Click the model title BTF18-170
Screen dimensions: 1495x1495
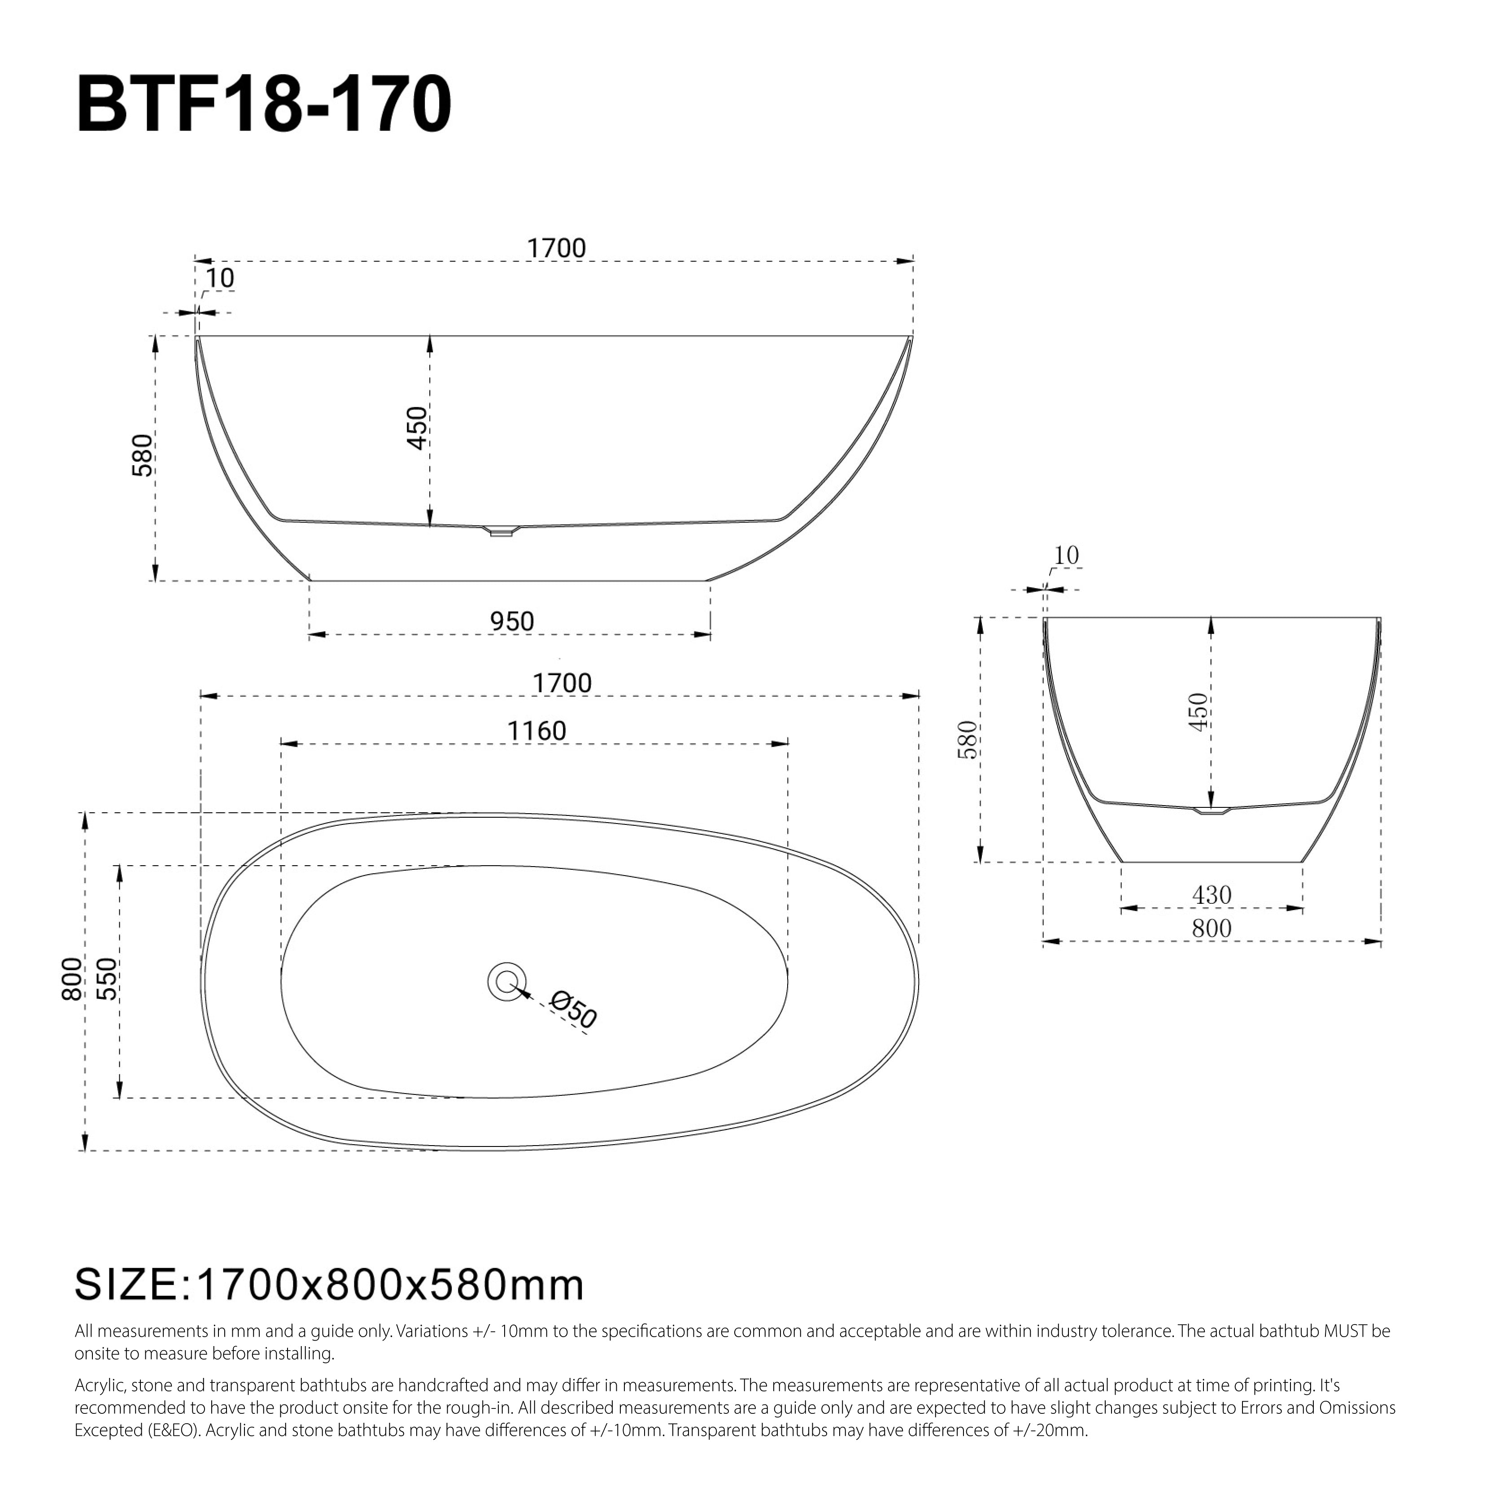(x=264, y=105)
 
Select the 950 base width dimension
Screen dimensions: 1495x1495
(x=511, y=621)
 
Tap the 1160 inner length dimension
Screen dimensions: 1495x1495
(x=536, y=731)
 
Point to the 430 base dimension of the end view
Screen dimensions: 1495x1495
(x=1211, y=895)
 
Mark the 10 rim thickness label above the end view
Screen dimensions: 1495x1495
(x=1066, y=556)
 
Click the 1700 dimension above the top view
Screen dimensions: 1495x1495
(x=562, y=683)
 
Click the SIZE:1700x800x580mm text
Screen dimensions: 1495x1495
(x=329, y=1285)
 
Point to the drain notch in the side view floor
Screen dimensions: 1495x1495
(x=501, y=531)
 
